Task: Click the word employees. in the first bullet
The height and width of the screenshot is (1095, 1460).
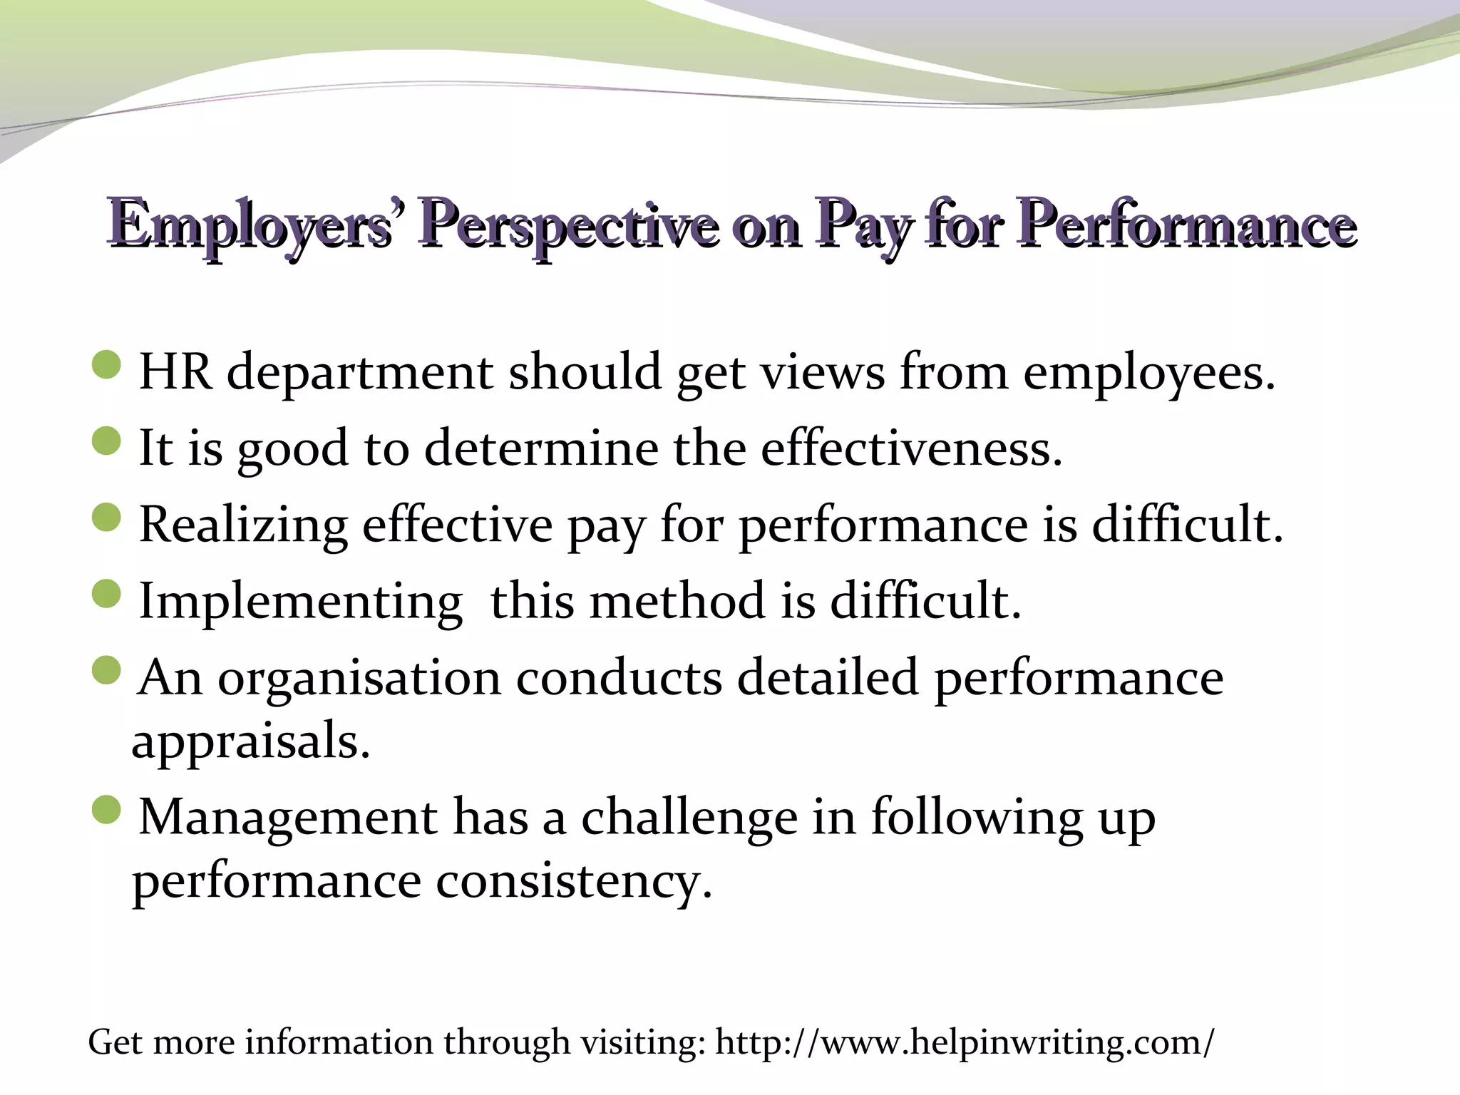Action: coord(1148,373)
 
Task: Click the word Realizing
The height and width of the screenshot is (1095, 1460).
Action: coord(243,526)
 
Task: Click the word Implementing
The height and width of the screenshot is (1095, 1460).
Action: coord(300,602)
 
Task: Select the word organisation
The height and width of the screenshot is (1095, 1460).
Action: coord(359,678)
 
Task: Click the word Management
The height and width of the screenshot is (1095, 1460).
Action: coord(288,818)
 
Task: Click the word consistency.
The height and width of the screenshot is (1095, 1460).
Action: coord(574,883)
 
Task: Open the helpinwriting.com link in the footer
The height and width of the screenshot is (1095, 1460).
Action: coord(963,1042)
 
